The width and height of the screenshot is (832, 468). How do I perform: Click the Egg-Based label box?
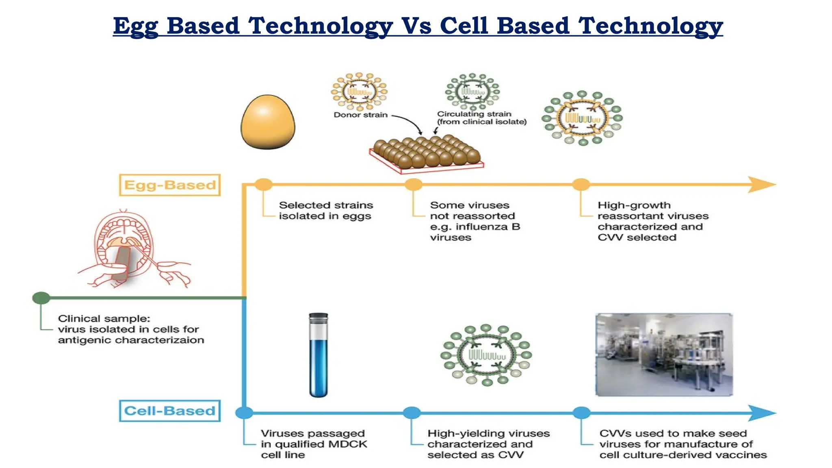(170, 185)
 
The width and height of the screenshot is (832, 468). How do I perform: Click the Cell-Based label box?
(170, 411)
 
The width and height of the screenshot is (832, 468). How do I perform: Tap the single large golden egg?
(268, 122)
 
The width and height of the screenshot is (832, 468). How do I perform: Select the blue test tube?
(318, 355)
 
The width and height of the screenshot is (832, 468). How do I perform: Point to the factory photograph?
(664, 354)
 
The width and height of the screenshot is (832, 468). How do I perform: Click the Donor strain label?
(360, 115)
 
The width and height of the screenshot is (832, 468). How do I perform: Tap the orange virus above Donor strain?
(359, 91)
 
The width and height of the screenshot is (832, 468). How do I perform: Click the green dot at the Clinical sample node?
(41, 298)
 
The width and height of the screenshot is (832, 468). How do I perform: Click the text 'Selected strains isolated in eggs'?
(325, 210)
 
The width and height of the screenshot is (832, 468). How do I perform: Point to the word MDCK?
(347, 444)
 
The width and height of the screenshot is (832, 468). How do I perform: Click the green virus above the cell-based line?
(486, 355)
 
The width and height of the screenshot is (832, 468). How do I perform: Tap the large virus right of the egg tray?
(582, 118)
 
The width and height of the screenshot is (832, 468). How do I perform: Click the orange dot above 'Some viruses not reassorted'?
(414, 184)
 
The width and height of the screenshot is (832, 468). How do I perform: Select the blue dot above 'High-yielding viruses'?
(412, 413)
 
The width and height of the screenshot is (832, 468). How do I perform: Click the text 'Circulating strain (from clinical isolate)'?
(481, 118)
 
